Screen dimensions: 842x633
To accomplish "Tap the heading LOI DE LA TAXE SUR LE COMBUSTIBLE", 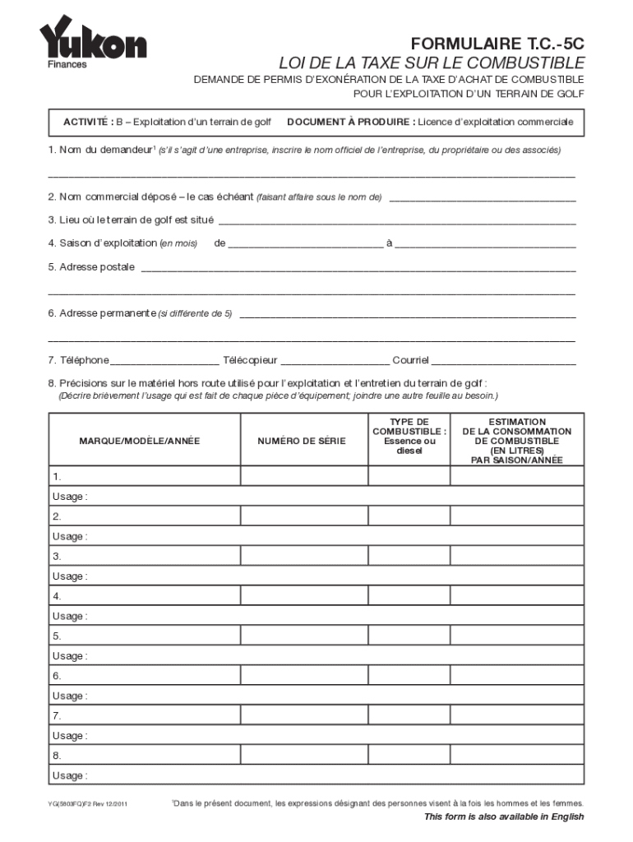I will click(432, 63).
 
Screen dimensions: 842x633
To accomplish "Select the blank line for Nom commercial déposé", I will click(482, 198).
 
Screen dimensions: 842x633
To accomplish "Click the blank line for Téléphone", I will click(164, 361).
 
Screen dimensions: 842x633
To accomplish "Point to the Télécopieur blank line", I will click(335, 361).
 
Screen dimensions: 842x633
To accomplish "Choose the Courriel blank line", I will click(504, 361).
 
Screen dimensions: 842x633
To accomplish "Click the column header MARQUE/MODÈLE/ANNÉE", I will click(139, 442).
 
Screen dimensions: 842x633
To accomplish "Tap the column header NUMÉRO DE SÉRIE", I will click(302, 442).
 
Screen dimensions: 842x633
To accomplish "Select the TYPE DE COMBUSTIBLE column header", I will click(409, 436).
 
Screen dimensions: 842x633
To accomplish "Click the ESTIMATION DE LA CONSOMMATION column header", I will click(516, 441).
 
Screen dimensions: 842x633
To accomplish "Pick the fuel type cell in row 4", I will click(409, 596).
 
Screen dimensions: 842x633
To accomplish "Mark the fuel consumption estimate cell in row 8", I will click(517, 756).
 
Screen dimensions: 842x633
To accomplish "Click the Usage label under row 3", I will click(70, 576).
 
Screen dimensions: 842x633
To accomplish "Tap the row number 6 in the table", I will click(57, 676).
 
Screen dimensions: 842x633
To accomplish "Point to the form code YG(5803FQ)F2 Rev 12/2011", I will click(86, 803).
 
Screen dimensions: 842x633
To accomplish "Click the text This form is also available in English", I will click(503, 817).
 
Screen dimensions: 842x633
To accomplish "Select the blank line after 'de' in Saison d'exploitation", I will click(305, 244).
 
